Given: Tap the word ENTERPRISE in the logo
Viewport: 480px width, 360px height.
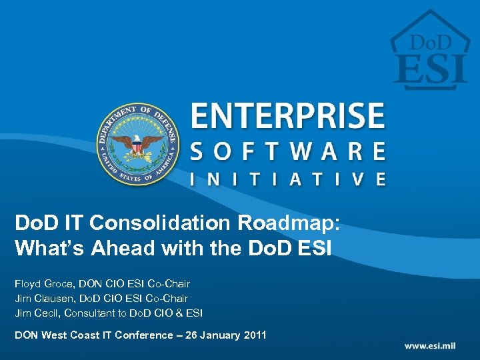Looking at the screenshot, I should pos(288,117).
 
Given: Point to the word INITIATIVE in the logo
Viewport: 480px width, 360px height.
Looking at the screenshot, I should pos(288,179).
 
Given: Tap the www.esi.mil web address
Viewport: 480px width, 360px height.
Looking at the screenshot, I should pos(435,346).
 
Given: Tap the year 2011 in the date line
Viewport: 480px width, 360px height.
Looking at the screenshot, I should pos(253,335).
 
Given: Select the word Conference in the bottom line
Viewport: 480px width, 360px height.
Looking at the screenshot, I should pos(145,335).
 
